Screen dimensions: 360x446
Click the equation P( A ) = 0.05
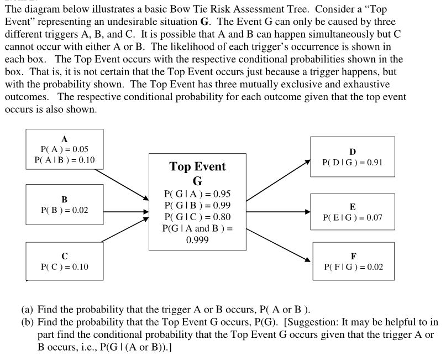click(x=65, y=149)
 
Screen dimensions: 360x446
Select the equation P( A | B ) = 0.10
click(x=65, y=160)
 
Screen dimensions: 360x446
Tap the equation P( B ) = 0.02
click(x=65, y=211)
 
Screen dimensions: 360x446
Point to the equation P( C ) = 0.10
click(x=65, y=267)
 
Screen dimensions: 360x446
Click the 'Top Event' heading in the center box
click(x=197, y=166)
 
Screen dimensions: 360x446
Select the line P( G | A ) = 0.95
click(x=197, y=194)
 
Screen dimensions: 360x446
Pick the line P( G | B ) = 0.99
click(x=197, y=205)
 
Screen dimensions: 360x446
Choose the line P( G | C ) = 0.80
click(x=197, y=217)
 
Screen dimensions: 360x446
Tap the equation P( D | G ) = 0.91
click(x=353, y=163)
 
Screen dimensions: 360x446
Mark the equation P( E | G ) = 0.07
click(x=353, y=218)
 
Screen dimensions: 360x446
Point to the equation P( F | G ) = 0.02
click(x=353, y=267)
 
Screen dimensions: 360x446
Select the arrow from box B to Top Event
click(x=127, y=211)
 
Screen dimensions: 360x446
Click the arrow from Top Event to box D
click(x=278, y=180)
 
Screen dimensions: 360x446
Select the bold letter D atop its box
click(x=353, y=152)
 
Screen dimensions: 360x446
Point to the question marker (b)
click(x=28, y=321)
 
